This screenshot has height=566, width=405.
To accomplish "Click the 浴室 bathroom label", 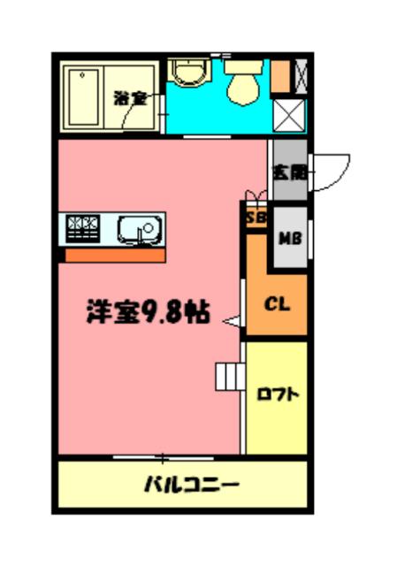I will click(130, 97).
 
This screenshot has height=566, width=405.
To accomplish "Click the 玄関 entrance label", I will click(289, 172).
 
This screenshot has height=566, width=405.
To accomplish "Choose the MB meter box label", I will click(289, 237).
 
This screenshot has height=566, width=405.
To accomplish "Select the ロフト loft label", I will click(277, 394).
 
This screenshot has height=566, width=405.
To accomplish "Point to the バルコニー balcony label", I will click(191, 485).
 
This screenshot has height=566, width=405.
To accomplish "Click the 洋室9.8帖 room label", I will click(147, 312).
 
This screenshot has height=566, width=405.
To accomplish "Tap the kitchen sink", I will click(138, 230).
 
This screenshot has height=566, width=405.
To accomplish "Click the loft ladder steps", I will click(230, 377).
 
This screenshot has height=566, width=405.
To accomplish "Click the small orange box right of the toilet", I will click(280, 75).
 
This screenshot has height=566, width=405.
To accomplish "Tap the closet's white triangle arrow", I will click(233, 323).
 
